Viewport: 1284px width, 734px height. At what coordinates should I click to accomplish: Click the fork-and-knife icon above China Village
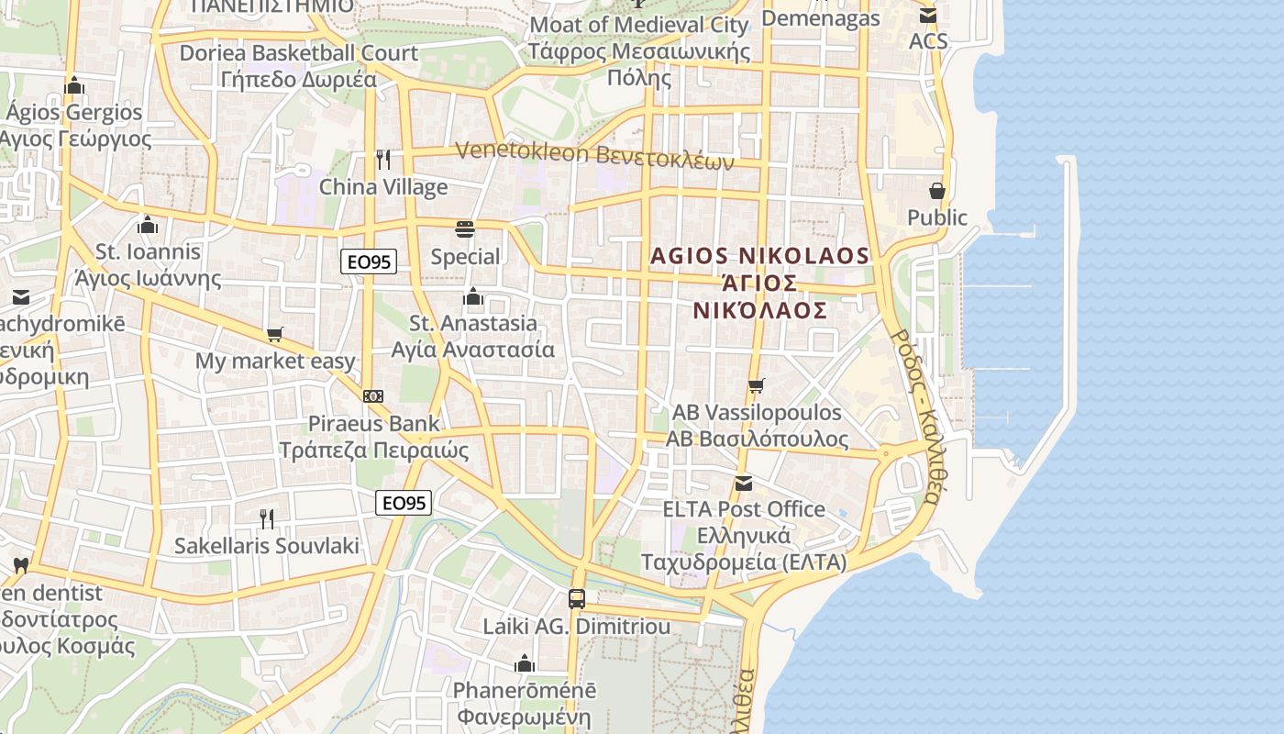[x=383, y=160]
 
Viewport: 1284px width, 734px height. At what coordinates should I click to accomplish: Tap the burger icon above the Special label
[x=465, y=229]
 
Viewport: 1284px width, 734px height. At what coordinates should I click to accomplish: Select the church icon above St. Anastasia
[x=473, y=296]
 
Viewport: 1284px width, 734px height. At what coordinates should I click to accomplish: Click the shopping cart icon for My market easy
[x=274, y=335]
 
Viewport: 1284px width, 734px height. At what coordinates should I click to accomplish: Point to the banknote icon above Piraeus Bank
[x=372, y=396]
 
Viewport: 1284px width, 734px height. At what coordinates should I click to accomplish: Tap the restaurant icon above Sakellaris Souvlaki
[x=266, y=519]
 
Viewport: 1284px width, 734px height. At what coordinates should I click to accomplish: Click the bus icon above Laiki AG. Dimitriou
[x=576, y=599]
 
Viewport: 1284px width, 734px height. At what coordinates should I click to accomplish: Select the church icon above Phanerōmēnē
[x=525, y=662]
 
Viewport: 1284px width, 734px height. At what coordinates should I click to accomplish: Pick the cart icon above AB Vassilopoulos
[x=756, y=386]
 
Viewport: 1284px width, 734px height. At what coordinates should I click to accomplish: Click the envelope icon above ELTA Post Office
[x=744, y=483]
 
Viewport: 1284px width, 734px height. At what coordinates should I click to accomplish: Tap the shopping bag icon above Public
[x=937, y=191]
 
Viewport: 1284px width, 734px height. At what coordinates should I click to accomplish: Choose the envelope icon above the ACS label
[x=928, y=16]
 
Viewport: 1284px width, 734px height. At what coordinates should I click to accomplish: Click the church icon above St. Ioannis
[x=148, y=225]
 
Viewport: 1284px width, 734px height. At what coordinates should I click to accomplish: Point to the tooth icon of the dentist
[x=21, y=565]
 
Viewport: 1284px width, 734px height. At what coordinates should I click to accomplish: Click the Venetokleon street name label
[x=594, y=155]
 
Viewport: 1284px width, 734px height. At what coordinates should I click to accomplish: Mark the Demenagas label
[x=820, y=18]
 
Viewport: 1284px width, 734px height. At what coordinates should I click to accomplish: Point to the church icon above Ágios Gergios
[x=74, y=86]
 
